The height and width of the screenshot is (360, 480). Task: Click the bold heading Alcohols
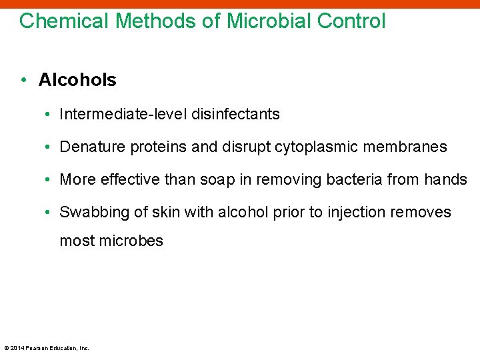tap(77, 80)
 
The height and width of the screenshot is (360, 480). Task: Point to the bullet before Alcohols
tap(23, 80)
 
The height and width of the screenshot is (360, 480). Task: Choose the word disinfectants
tap(236, 115)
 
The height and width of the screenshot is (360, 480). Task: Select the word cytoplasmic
tap(317, 147)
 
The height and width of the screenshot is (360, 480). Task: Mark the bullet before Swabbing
tap(50, 213)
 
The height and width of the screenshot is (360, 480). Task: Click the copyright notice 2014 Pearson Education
tap(47, 347)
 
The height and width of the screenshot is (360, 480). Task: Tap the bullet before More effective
tap(50, 180)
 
